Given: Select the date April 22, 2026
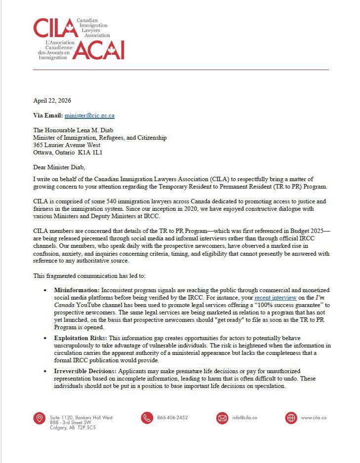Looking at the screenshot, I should coord(52,100).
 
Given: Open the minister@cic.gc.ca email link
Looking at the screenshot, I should coord(89,116).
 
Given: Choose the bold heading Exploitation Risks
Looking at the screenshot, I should coord(80,338).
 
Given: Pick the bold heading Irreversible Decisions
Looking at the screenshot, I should coord(84,371).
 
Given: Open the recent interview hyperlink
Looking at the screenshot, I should coord(276,298).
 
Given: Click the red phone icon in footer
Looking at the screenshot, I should coord(147,418).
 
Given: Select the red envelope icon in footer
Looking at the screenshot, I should coord(222,418).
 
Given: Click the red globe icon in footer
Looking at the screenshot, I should coord(291,418).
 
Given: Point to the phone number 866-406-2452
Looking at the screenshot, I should coord(172,418).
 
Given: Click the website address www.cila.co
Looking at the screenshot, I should coord(314,418).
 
